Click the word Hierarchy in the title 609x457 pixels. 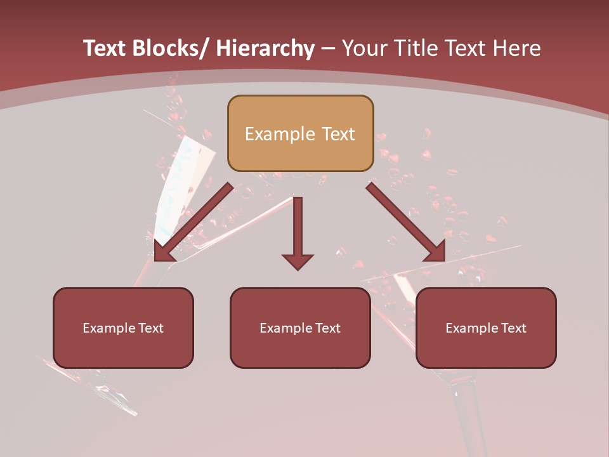point(265,48)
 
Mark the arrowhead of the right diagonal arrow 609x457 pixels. point(436,253)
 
